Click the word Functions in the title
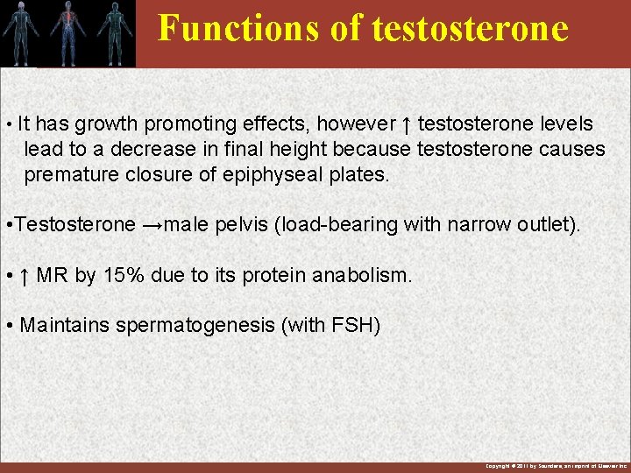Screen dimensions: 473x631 [223, 28]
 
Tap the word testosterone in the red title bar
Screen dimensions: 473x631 [470, 28]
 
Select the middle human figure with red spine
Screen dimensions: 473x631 [67, 32]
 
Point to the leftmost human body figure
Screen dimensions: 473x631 [23, 32]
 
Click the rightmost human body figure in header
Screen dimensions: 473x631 [111, 32]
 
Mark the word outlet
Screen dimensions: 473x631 [548, 224]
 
